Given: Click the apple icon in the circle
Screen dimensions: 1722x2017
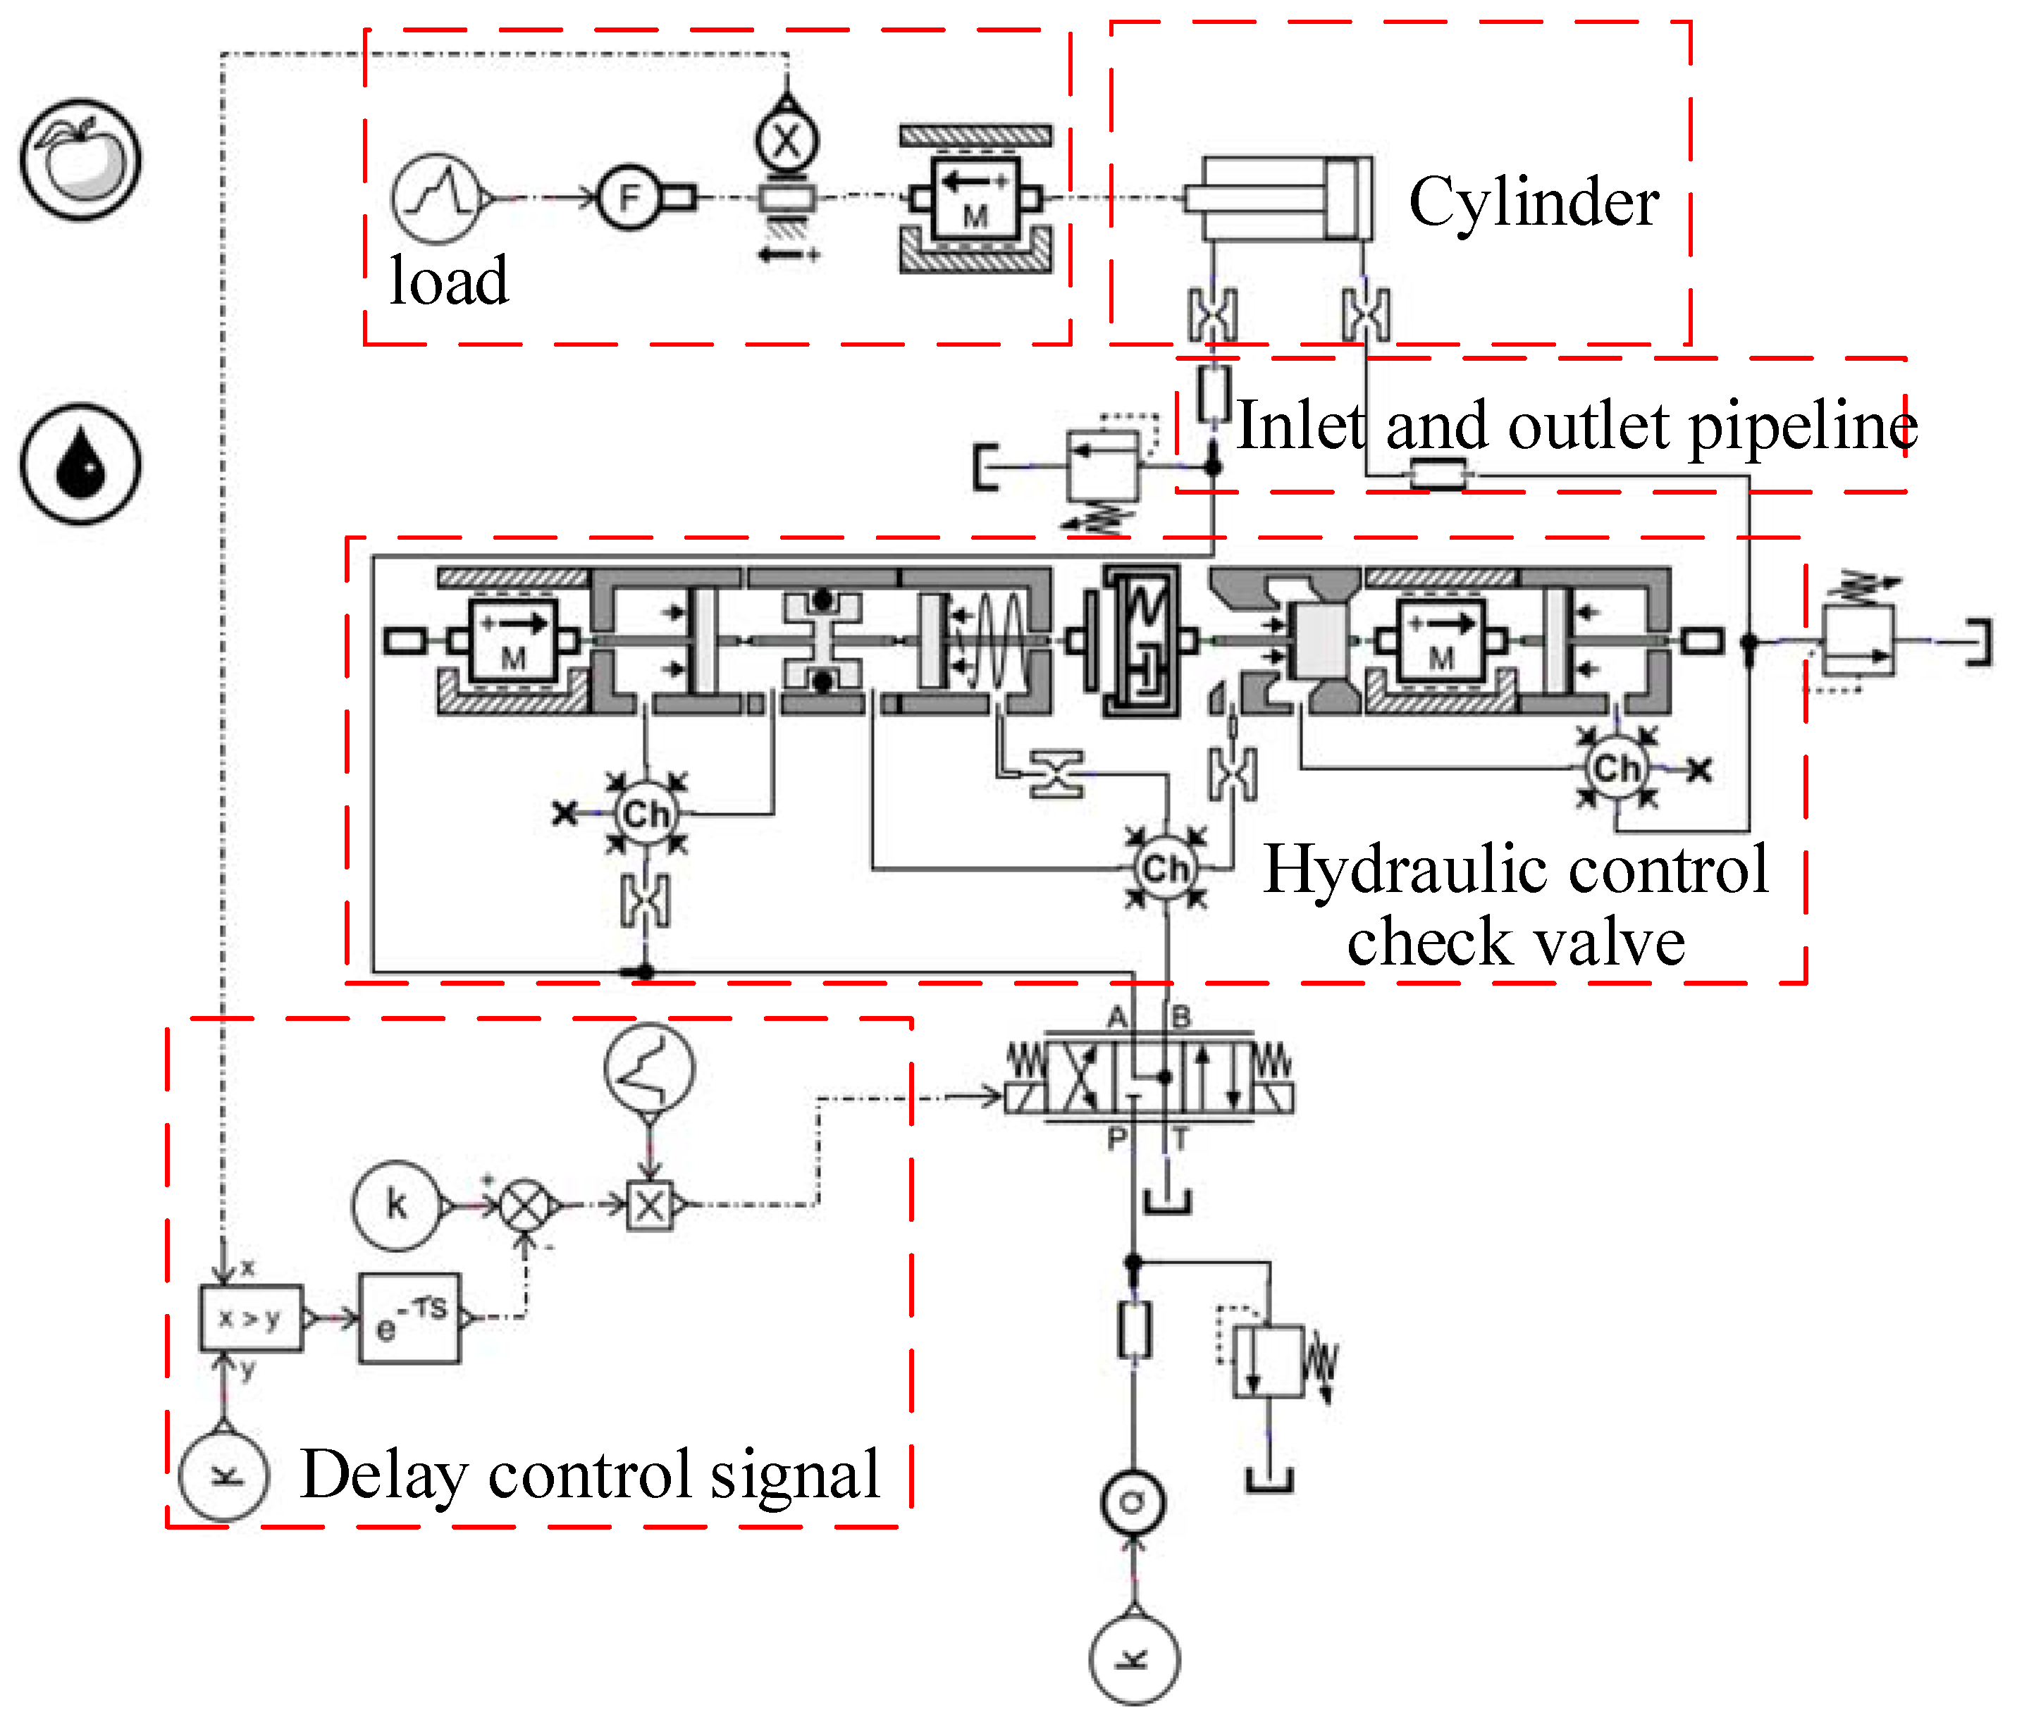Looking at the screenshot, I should [81, 159].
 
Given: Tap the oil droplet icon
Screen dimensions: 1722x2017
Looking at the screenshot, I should [81, 464].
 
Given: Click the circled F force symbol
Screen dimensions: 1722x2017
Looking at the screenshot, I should [629, 197].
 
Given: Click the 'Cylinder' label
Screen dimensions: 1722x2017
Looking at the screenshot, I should [1534, 202].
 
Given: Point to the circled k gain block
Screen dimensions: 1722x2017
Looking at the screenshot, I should [396, 1205].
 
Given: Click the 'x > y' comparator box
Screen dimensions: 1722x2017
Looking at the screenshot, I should [251, 1318].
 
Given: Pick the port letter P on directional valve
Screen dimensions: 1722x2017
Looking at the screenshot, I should [1116, 1138].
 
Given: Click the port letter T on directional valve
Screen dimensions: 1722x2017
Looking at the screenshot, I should [1180, 1138].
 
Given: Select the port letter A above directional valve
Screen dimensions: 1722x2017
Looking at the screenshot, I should [1116, 1018].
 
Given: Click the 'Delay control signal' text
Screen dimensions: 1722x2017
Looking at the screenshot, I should [590, 1474].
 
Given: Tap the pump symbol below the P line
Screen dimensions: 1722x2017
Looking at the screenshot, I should [1132, 1502].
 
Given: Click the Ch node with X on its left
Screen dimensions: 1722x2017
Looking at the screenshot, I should [646, 814].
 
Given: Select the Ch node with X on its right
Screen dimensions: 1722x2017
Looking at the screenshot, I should [1616, 768].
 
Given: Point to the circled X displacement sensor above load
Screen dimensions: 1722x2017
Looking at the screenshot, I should [787, 142].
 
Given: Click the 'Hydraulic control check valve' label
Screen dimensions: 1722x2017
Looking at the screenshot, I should [1516, 904].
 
